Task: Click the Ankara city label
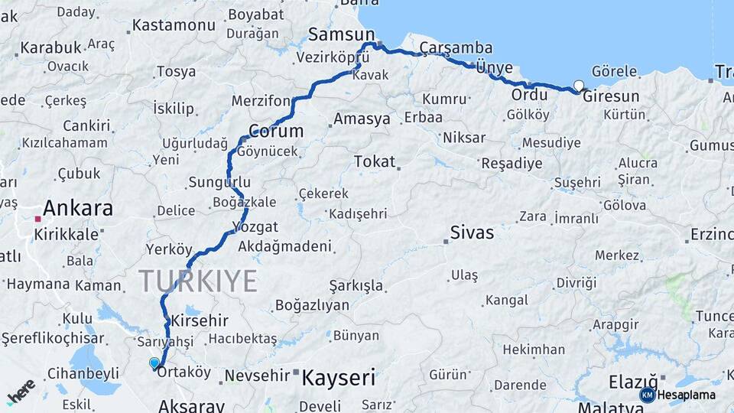78,208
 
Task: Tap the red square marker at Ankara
37,219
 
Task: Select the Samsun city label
342,34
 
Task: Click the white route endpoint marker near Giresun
579,86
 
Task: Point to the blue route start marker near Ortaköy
154,363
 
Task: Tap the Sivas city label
472,233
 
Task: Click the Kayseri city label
339,377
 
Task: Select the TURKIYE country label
198,281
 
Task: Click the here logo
21,391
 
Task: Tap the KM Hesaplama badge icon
647,395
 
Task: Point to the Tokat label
375,161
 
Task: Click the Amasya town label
362,119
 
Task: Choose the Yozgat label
257,227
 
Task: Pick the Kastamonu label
174,25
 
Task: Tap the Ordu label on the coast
529,95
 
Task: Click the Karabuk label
50,47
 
